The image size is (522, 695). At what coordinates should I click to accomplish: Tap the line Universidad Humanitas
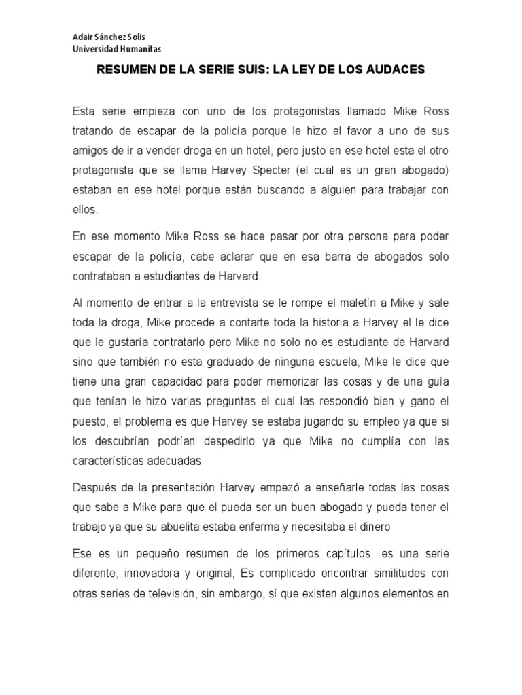click(x=117, y=49)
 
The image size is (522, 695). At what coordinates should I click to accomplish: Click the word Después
click(x=94, y=489)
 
